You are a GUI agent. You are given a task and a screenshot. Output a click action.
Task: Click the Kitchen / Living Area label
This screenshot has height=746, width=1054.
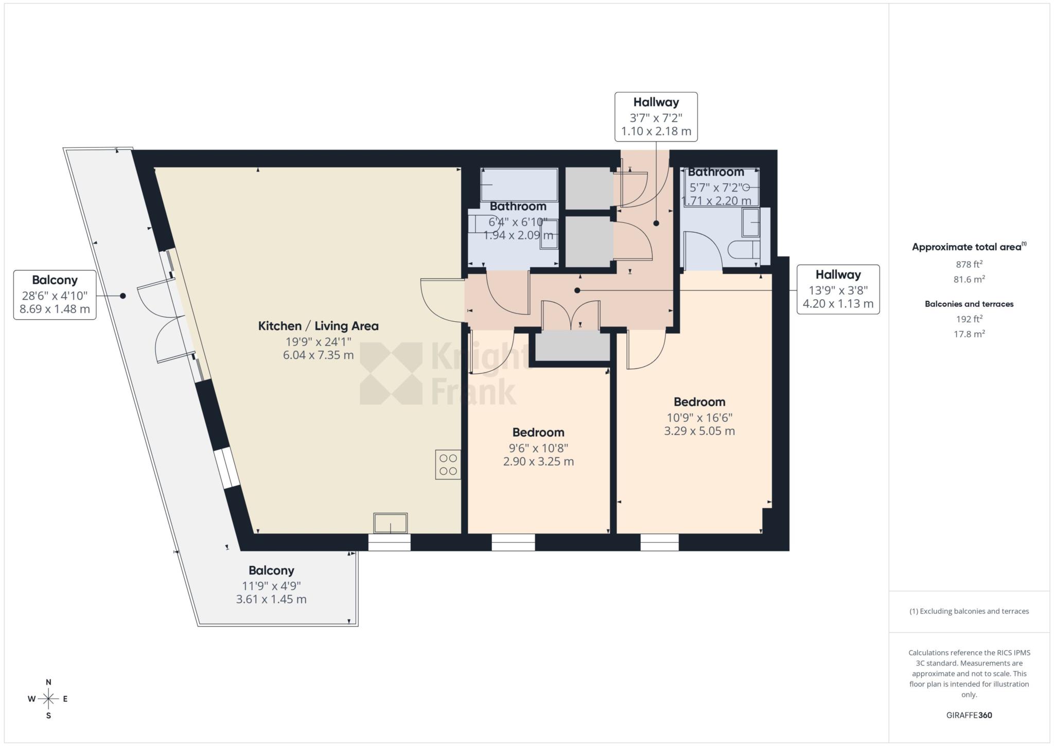click(x=318, y=326)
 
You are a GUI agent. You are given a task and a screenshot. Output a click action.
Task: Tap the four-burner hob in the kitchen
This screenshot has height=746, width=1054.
click(x=448, y=464)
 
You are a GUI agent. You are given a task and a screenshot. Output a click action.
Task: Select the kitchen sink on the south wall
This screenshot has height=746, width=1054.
click(x=391, y=523)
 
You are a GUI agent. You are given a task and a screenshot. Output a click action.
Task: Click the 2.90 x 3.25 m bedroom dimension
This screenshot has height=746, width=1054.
click(x=538, y=461)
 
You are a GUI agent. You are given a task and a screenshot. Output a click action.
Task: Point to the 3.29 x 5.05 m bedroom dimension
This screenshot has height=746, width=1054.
click(x=699, y=431)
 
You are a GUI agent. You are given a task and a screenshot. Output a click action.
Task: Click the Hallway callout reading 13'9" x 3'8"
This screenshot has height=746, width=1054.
click(x=838, y=289)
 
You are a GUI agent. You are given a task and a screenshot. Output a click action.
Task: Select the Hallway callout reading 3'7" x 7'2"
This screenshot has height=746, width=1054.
click(x=656, y=117)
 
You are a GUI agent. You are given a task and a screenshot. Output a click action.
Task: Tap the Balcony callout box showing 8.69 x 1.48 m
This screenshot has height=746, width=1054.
click(x=55, y=295)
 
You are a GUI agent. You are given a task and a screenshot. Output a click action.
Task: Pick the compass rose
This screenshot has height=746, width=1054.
click(x=48, y=699)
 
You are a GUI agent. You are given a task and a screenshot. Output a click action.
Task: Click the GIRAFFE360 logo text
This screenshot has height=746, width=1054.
click(x=969, y=715)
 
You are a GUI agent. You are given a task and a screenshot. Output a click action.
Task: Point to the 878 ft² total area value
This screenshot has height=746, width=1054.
click(x=969, y=265)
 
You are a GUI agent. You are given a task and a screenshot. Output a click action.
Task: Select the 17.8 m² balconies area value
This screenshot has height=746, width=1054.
click(x=969, y=334)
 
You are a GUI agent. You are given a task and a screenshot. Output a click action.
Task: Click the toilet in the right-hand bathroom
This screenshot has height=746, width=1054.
click(x=744, y=249)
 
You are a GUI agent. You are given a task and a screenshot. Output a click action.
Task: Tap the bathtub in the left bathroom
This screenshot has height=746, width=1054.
click(x=519, y=184)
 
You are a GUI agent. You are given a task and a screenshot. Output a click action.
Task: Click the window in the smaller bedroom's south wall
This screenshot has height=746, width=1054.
click(x=513, y=542)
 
